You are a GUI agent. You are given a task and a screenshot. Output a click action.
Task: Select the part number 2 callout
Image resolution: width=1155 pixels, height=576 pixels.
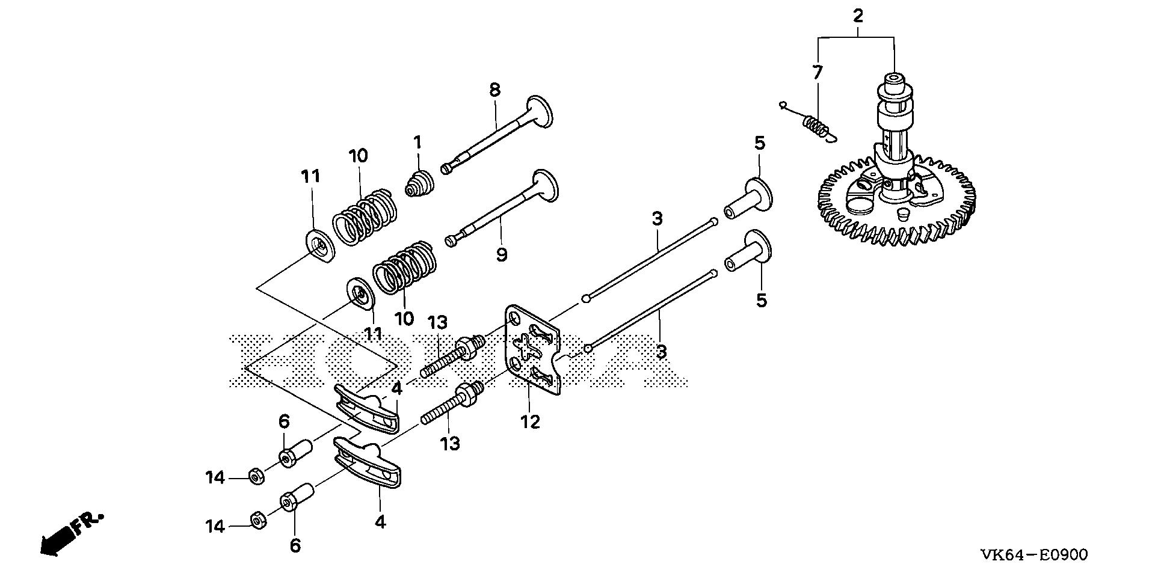coord(858,16)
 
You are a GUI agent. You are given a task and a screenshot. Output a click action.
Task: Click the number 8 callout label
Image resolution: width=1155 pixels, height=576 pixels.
coord(494,90)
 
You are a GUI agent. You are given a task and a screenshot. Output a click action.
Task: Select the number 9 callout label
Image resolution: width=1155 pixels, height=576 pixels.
coord(502,254)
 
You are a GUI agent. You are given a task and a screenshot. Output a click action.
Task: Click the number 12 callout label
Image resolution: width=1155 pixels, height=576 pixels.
coord(530,422)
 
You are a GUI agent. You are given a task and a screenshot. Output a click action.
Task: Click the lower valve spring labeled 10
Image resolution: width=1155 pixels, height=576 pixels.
coord(402,269)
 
